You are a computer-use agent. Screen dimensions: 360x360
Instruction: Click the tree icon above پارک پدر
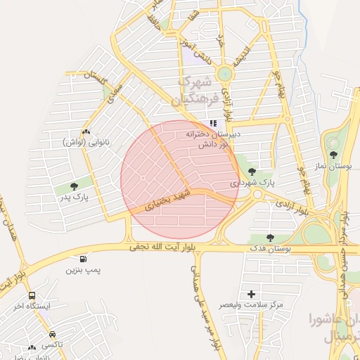pos(75,186)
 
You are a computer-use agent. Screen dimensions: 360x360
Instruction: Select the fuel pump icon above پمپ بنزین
pos(84,259)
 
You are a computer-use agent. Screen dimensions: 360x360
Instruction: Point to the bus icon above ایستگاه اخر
pos(32,296)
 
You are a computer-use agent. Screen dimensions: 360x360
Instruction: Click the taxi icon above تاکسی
pos(52,334)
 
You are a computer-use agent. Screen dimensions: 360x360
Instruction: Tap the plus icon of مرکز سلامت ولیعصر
pos(251,293)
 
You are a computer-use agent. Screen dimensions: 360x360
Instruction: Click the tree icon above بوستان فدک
pos(271,238)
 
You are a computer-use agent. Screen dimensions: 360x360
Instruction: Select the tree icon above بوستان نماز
pos(333,155)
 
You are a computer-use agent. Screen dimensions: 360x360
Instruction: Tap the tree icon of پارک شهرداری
pos(251,171)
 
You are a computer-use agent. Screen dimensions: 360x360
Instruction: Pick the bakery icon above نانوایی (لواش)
pos(86,131)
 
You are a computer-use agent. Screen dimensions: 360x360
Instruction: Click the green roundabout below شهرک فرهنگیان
pos(224,73)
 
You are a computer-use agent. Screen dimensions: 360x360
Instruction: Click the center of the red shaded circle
pos(180,180)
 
